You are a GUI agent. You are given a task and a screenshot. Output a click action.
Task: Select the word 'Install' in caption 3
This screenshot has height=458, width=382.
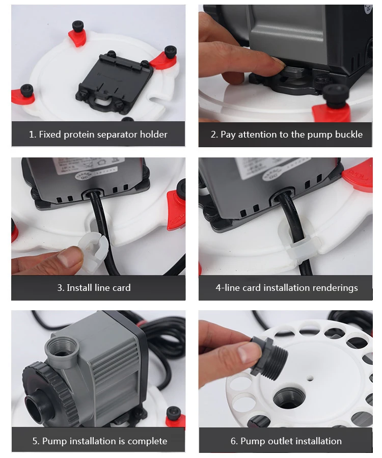[x=79, y=288]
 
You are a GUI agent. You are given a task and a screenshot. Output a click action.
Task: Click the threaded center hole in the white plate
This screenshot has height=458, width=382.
[x=289, y=398]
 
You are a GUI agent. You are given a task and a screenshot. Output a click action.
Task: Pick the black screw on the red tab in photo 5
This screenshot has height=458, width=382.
[x=174, y=414]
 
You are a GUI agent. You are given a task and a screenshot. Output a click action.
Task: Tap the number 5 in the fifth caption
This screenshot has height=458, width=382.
[x=35, y=441]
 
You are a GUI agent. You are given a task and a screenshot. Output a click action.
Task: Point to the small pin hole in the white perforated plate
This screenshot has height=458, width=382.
[x=310, y=379]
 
